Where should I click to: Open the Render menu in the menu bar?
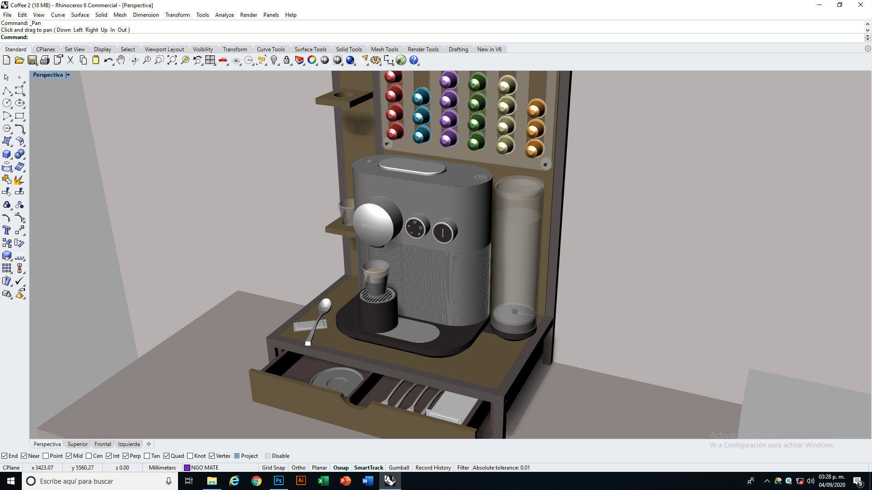coord(248,15)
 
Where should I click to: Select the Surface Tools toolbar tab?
coord(310,49)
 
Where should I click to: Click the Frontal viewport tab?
coord(103,444)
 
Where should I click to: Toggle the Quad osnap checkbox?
coord(167,456)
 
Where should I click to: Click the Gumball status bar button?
coord(399,468)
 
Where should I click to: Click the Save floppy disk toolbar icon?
coord(32,60)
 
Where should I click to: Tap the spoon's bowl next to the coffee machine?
coord(325,306)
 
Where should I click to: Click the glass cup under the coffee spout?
coord(375,277)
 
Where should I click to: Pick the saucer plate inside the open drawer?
coord(337,379)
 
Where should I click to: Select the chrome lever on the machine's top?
coord(412,166)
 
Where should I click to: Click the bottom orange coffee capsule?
coord(534,149)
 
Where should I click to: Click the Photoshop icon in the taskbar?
coord(278,481)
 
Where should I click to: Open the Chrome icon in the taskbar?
coord(257,481)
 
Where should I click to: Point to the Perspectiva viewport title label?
coord(48,75)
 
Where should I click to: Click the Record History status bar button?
coord(433,468)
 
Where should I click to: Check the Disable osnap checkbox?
coord(268,456)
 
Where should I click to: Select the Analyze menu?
coord(224,15)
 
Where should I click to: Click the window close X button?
coord(860,5)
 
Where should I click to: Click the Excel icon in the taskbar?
coord(323,481)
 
